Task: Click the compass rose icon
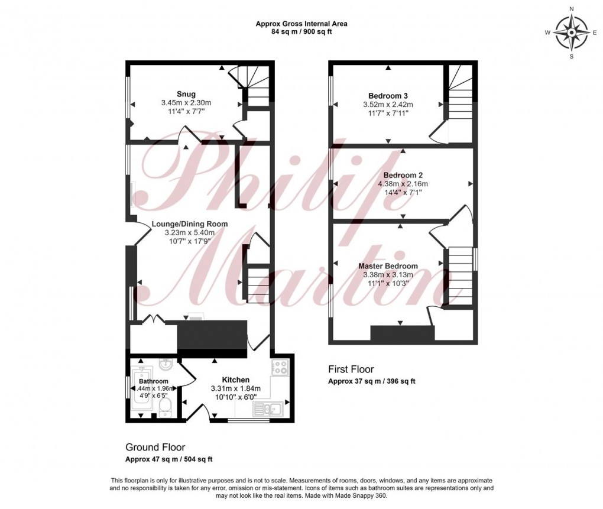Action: pos(571,33)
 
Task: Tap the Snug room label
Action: pos(186,94)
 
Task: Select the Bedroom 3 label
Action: pos(388,96)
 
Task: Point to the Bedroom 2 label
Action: pos(403,176)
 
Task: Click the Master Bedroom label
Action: pos(388,266)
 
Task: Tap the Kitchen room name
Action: pos(235,380)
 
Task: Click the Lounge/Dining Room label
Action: pos(189,224)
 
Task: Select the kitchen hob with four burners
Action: pos(280,367)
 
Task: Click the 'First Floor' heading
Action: pos(351,369)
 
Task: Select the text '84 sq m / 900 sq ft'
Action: pos(301,32)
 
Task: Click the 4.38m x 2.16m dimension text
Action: pos(403,184)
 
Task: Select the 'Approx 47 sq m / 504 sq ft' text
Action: pos(169,459)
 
